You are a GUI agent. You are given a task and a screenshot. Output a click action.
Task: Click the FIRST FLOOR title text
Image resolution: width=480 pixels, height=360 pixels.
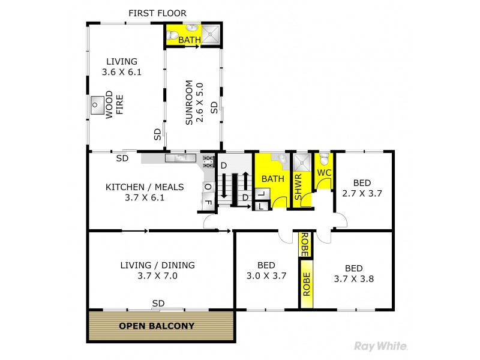click(x=158, y=13)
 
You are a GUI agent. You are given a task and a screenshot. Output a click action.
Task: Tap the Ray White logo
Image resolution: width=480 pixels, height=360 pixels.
click(x=382, y=346)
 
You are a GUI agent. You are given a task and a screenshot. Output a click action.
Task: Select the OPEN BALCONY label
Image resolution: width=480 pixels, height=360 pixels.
click(x=157, y=326)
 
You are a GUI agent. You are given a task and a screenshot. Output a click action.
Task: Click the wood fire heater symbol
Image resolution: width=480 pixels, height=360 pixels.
click(x=97, y=106)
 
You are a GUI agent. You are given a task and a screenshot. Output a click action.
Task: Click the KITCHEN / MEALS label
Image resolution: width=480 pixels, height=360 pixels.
click(x=145, y=192)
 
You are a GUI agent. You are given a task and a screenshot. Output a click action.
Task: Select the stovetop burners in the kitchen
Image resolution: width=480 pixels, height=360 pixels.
click(x=208, y=160)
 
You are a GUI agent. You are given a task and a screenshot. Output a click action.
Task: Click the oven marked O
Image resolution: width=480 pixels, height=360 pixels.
click(x=208, y=187)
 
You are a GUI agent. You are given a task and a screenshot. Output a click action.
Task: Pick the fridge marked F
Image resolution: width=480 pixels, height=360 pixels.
click(x=208, y=202)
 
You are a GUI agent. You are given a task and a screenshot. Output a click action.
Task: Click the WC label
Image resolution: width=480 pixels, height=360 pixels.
click(x=324, y=173)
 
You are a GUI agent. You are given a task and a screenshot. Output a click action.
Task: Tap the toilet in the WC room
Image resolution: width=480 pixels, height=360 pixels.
click(x=324, y=159)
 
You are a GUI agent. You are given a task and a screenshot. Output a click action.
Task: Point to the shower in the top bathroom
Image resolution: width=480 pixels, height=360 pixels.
click(x=211, y=35)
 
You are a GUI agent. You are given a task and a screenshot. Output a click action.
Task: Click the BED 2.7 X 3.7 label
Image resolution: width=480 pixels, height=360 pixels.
click(x=362, y=188)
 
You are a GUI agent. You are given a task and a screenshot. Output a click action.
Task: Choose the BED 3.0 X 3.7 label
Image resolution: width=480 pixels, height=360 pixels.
click(x=266, y=271)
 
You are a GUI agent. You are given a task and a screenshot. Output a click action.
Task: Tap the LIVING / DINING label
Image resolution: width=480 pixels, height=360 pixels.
click(x=157, y=271)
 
